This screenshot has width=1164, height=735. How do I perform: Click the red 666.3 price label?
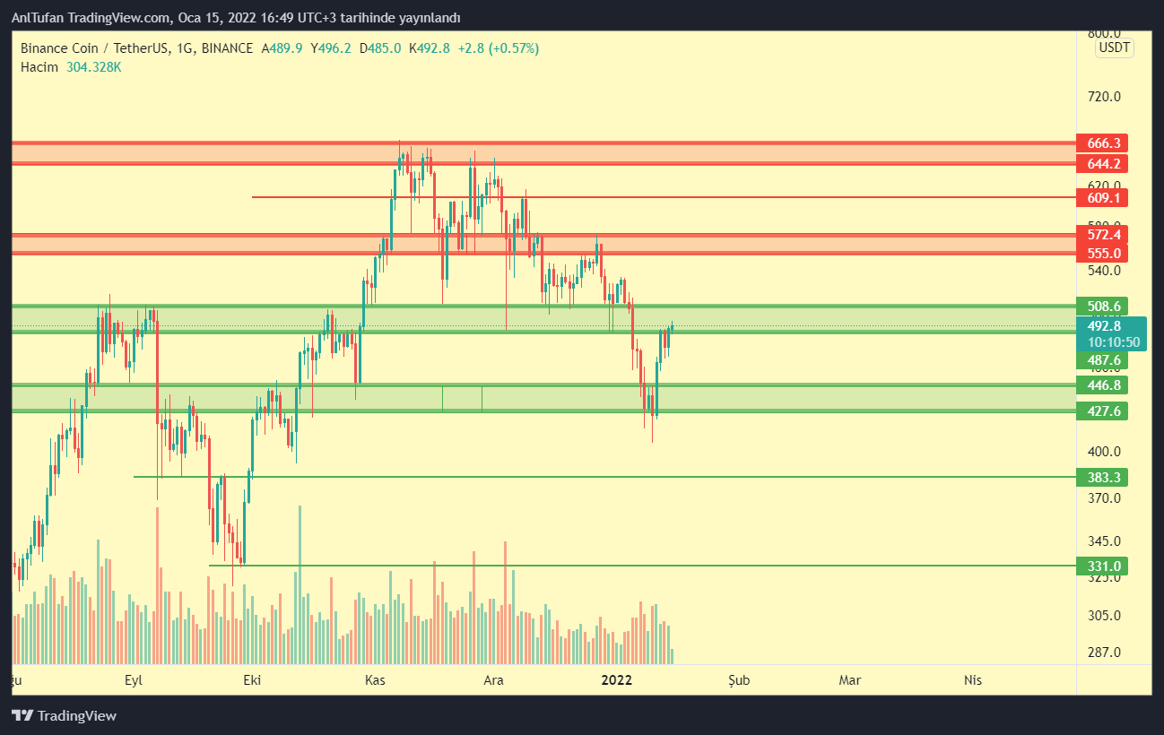[1102, 143]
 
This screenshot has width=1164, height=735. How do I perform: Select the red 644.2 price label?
[1102, 164]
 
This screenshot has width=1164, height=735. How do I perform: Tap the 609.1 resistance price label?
[1102, 197]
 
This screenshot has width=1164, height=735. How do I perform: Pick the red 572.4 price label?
[1102, 235]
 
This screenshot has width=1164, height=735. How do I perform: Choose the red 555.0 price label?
[1102, 254]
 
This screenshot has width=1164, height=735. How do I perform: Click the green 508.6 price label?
[1102, 306]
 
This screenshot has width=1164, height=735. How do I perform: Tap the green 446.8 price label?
[1102, 385]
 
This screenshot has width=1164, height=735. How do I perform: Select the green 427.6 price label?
[1102, 411]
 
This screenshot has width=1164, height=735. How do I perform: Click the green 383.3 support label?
[1102, 477]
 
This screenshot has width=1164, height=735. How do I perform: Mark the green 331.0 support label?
[1102, 566]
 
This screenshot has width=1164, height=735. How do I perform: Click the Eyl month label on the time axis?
[134, 680]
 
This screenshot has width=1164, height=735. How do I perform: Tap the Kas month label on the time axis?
[375, 680]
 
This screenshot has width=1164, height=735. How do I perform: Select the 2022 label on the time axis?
[618, 680]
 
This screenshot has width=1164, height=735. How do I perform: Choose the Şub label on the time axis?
[739, 680]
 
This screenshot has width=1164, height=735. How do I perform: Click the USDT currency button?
[1115, 48]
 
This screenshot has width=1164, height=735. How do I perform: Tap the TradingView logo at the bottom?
[65, 716]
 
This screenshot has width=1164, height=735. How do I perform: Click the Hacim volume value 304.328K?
[94, 67]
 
